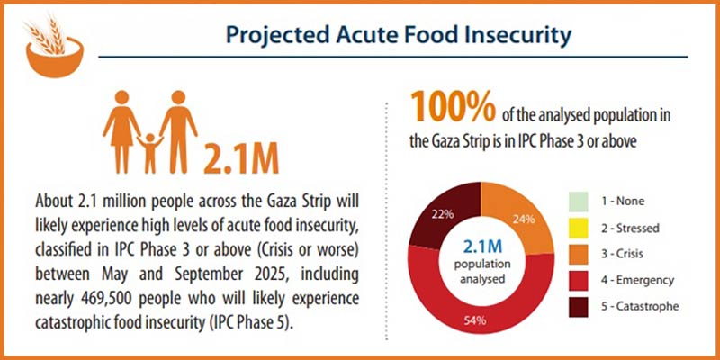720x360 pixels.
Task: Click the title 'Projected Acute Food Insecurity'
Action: [x=397, y=37]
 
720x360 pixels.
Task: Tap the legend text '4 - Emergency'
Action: [x=640, y=280]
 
